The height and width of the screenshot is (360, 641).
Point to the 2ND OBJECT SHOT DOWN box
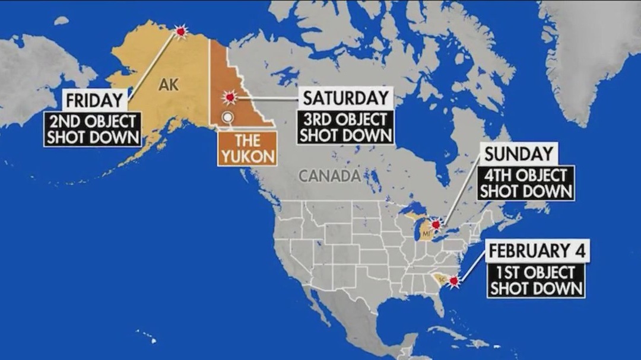pyautogui.click(x=93, y=129)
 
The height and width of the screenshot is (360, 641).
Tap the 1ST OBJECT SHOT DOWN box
pyautogui.click(x=536, y=281)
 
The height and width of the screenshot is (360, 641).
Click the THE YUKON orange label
pyautogui.click(x=247, y=149)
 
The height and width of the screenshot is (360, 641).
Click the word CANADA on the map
pyautogui.click(x=329, y=176)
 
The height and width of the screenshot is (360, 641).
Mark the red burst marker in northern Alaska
pyautogui.click(x=181, y=31)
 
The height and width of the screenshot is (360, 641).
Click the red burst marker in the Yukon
pyautogui.click(x=229, y=97)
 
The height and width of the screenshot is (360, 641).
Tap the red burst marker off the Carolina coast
pyautogui.click(x=454, y=281)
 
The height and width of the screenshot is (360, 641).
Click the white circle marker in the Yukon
pyautogui.click(x=226, y=117)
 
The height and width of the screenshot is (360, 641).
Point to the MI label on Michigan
pyautogui.click(x=426, y=235)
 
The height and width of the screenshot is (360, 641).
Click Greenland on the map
pyautogui.click(x=588, y=53)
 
